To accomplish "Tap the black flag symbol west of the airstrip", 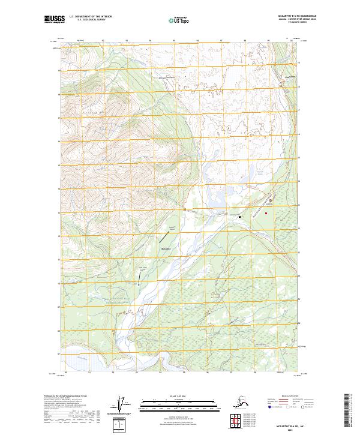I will [x=240, y=217].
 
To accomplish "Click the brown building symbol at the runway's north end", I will [x=270, y=200].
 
